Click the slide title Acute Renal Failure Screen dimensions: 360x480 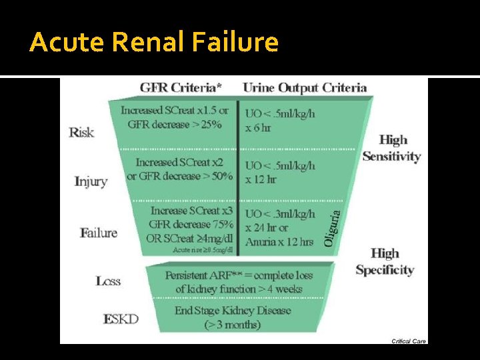154,43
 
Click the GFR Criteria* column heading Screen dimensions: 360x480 181,87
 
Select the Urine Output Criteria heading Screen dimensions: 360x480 305,87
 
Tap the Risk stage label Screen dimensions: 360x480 81,132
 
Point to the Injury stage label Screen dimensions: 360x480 91,181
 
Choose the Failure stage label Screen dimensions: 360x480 99,233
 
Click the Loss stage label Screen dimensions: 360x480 108,281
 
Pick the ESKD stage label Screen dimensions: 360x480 121,319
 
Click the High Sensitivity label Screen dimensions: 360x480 391,148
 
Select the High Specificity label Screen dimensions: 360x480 385,261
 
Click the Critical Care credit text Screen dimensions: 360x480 409,341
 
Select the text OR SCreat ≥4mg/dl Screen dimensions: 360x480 189,238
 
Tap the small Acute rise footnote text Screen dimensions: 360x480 203,250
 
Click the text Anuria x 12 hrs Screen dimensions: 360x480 279,241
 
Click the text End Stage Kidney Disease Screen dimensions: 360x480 233,311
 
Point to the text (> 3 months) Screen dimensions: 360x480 233,325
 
